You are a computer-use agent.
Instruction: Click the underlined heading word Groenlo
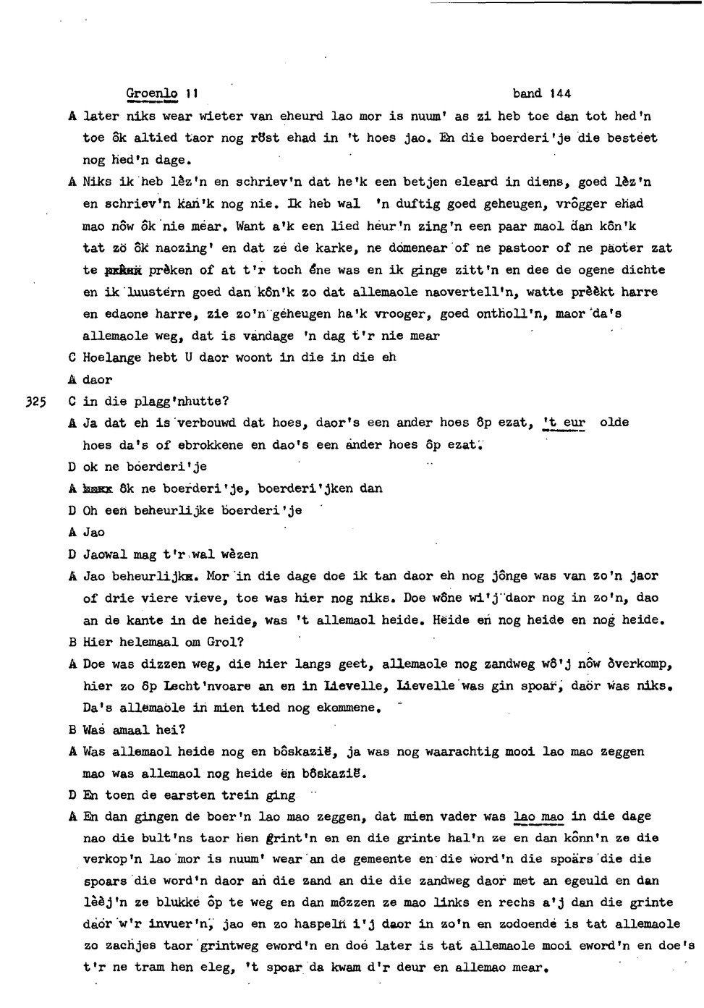click(x=151, y=93)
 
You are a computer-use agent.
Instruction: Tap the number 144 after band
click(x=559, y=93)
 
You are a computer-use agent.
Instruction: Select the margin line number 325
click(x=35, y=402)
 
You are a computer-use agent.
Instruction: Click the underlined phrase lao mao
click(x=538, y=816)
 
